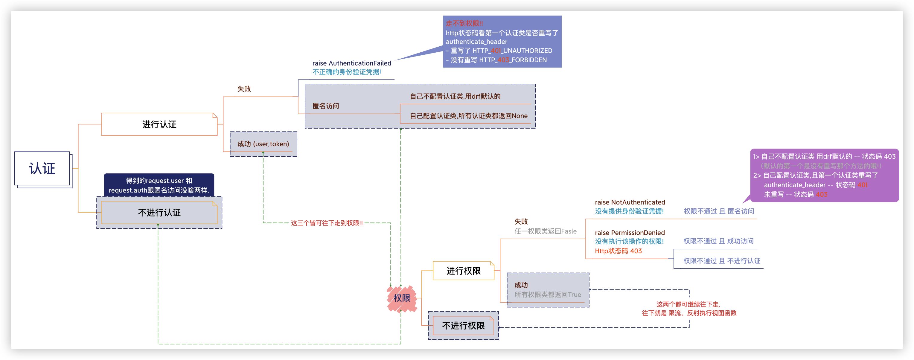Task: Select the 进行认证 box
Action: click(159, 124)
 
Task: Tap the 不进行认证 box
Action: click(159, 213)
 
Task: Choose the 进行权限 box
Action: click(463, 271)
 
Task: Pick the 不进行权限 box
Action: click(463, 326)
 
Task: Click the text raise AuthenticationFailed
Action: click(352, 63)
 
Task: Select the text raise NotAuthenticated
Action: click(630, 202)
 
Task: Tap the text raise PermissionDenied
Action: click(630, 233)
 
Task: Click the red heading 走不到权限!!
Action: click(464, 23)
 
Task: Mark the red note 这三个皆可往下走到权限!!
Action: click(327, 223)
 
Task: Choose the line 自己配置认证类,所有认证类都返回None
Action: click(469, 116)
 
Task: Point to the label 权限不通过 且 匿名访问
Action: click(719, 211)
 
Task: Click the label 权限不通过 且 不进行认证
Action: click(722, 261)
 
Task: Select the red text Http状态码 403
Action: click(618, 251)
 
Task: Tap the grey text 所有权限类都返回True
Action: click(548, 295)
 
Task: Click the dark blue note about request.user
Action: click(159, 185)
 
